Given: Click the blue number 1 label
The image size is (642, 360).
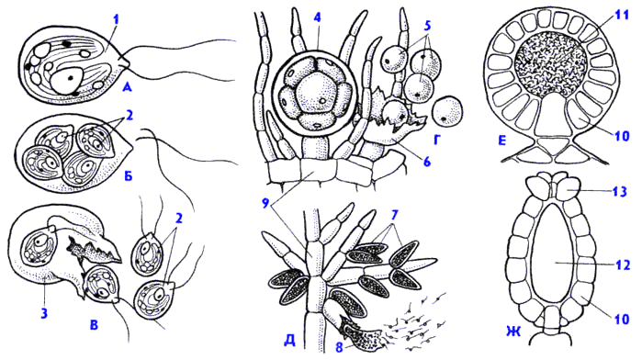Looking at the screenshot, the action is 117,17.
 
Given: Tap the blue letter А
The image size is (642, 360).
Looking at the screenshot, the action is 127,86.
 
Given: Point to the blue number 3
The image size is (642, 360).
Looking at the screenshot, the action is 44,314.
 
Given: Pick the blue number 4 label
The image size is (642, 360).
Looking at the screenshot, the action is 317,17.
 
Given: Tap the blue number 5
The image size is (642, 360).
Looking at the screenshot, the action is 427,26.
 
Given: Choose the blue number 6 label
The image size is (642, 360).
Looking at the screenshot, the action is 427,163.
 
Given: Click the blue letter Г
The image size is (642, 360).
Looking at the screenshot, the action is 436,141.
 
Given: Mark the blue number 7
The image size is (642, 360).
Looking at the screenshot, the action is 394,214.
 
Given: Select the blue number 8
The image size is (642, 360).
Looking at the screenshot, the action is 339,347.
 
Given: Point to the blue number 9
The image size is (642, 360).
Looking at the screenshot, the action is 266,203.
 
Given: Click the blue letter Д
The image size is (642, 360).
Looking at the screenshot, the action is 289,341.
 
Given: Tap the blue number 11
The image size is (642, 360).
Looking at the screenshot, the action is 622,17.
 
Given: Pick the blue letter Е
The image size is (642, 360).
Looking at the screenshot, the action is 502,141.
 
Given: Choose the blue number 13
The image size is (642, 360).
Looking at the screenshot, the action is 620,191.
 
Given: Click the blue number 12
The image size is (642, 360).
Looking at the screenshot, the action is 619,264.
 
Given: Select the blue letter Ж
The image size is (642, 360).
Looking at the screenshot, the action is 513,331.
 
